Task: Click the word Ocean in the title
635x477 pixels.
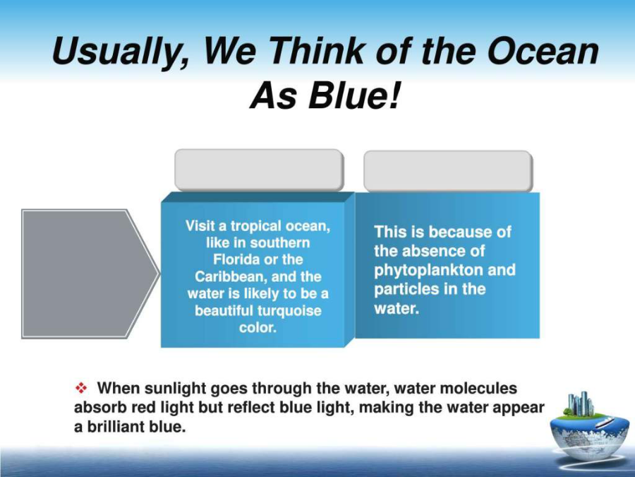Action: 543,52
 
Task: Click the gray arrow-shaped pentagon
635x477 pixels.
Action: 90,273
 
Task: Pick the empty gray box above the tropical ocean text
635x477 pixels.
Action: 259,170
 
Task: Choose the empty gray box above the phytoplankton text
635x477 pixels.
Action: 447,171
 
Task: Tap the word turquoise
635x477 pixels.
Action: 289,311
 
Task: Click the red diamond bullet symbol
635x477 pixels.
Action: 81,388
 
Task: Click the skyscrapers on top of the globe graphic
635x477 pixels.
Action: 581,404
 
